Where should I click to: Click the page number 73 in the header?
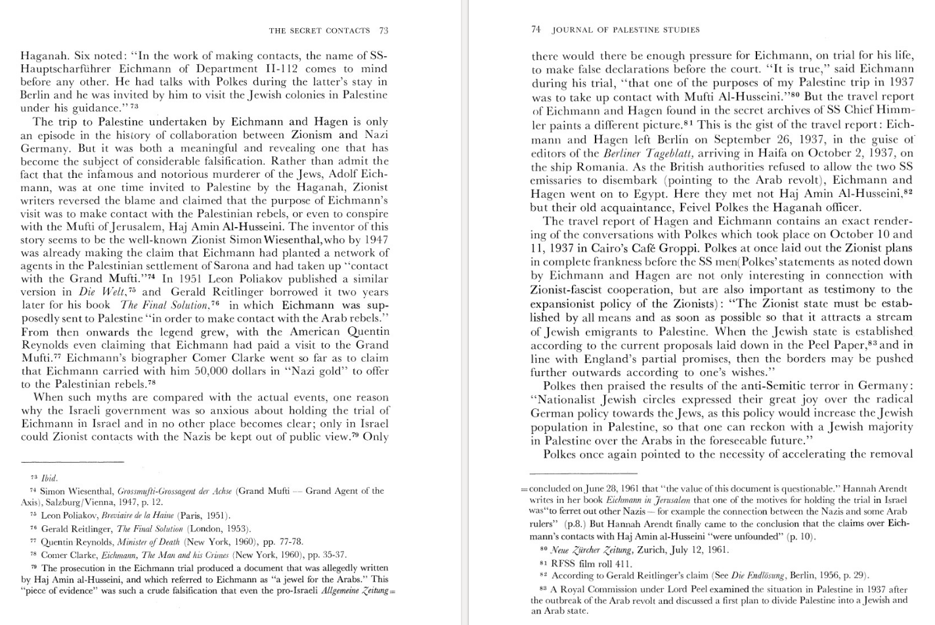383,30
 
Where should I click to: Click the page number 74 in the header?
535,30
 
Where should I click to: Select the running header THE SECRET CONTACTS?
320,30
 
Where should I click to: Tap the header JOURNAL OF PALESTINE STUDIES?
626,30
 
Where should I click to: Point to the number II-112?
261,69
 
